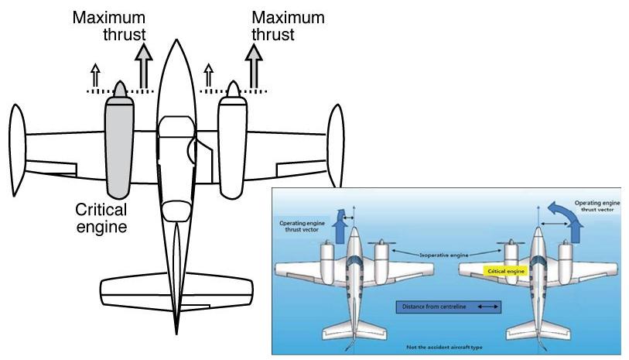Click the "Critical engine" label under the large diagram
101,218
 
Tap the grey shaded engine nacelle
118,147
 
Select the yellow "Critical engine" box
505,272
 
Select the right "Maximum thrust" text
288,26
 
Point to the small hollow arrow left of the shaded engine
95,77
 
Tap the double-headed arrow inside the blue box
487,307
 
